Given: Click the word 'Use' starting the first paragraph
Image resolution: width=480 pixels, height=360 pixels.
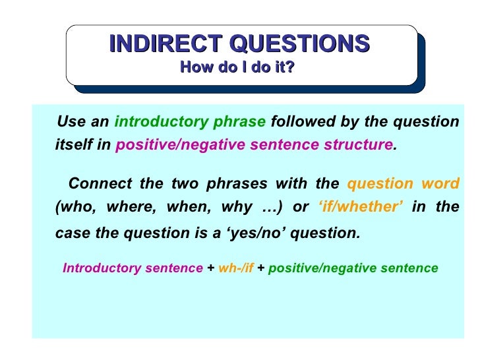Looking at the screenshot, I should point(71,122).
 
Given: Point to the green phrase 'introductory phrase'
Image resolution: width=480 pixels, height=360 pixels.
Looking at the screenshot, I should point(191,122).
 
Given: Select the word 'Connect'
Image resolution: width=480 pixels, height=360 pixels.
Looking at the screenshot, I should point(96,183).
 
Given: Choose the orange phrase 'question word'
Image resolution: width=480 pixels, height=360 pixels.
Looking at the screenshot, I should point(403,183).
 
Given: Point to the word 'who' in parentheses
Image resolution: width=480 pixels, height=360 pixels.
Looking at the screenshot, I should point(72,207).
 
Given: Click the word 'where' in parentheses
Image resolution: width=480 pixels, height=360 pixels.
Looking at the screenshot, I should point(129,207).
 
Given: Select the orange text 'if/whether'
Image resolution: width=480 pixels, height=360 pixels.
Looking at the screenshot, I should point(361,207).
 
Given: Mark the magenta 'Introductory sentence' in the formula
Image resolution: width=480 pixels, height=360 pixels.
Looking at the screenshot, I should point(133,268).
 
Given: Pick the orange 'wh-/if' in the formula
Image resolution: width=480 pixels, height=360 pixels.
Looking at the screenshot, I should point(235,268).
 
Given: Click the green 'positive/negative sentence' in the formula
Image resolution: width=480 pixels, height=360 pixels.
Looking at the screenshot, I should point(353,268).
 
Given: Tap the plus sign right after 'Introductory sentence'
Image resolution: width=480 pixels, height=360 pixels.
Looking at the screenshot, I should point(210,268).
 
